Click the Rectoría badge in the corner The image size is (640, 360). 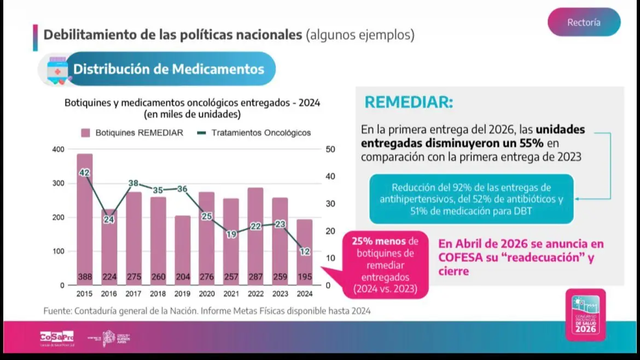click(x=584, y=22)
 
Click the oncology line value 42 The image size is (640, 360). click(x=84, y=173)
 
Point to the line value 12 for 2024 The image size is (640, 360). click(x=305, y=251)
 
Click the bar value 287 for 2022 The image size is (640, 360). click(x=255, y=277)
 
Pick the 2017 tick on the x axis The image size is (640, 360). click(x=133, y=294)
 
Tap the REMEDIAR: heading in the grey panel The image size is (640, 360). click(x=409, y=102)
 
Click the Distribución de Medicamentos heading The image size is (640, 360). click(x=168, y=69)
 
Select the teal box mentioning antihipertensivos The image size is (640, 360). click(x=471, y=199)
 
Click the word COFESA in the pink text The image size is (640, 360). click(x=459, y=258)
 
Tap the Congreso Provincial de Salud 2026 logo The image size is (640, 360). click(x=585, y=315)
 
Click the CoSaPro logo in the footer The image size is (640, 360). click(x=56, y=337)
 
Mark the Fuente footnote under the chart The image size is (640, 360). click(x=207, y=311)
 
